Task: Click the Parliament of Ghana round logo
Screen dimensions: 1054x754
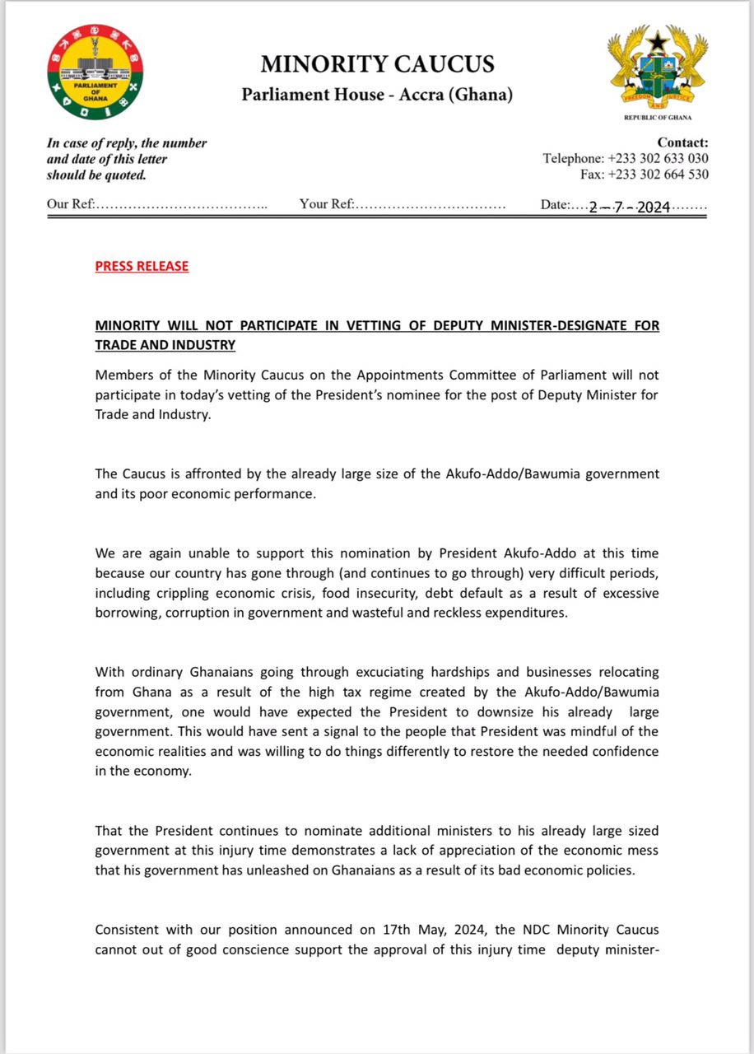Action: pyautogui.click(x=95, y=72)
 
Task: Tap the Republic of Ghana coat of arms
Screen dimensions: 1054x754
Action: pyautogui.click(x=657, y=69)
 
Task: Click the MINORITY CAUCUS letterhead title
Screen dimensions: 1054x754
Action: pyautogui.click(x=377, y=63)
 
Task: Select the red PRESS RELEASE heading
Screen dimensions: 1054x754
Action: pyautogui.click(x=142, y=266)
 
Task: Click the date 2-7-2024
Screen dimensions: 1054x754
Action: pyautogui.click(x=630, y=208)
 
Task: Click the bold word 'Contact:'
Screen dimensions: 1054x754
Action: pyautogui.click(x=682, y=142)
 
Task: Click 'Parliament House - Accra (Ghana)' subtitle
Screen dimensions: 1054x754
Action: pyautogui.click(x=377, y=95)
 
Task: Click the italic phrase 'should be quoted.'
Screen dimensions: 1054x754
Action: pyautogui.click(x=95, y=175)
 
